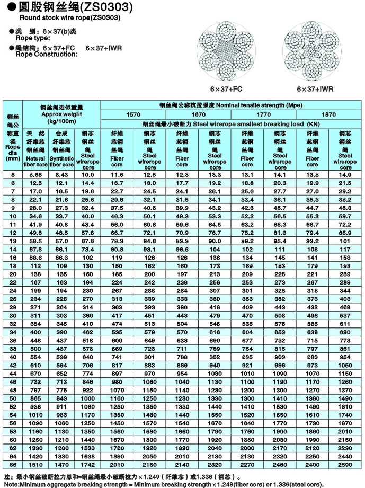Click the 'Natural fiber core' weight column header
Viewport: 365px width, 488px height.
tap(35, 148)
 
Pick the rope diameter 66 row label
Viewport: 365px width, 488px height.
tap(13, 464)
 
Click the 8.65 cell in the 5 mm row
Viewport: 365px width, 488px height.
tap(35, 174)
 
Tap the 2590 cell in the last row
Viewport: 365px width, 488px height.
tap(345, 464)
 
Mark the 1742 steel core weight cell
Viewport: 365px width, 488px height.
tap(88, 464)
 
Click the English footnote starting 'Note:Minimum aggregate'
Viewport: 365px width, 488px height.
tap(163, 483)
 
